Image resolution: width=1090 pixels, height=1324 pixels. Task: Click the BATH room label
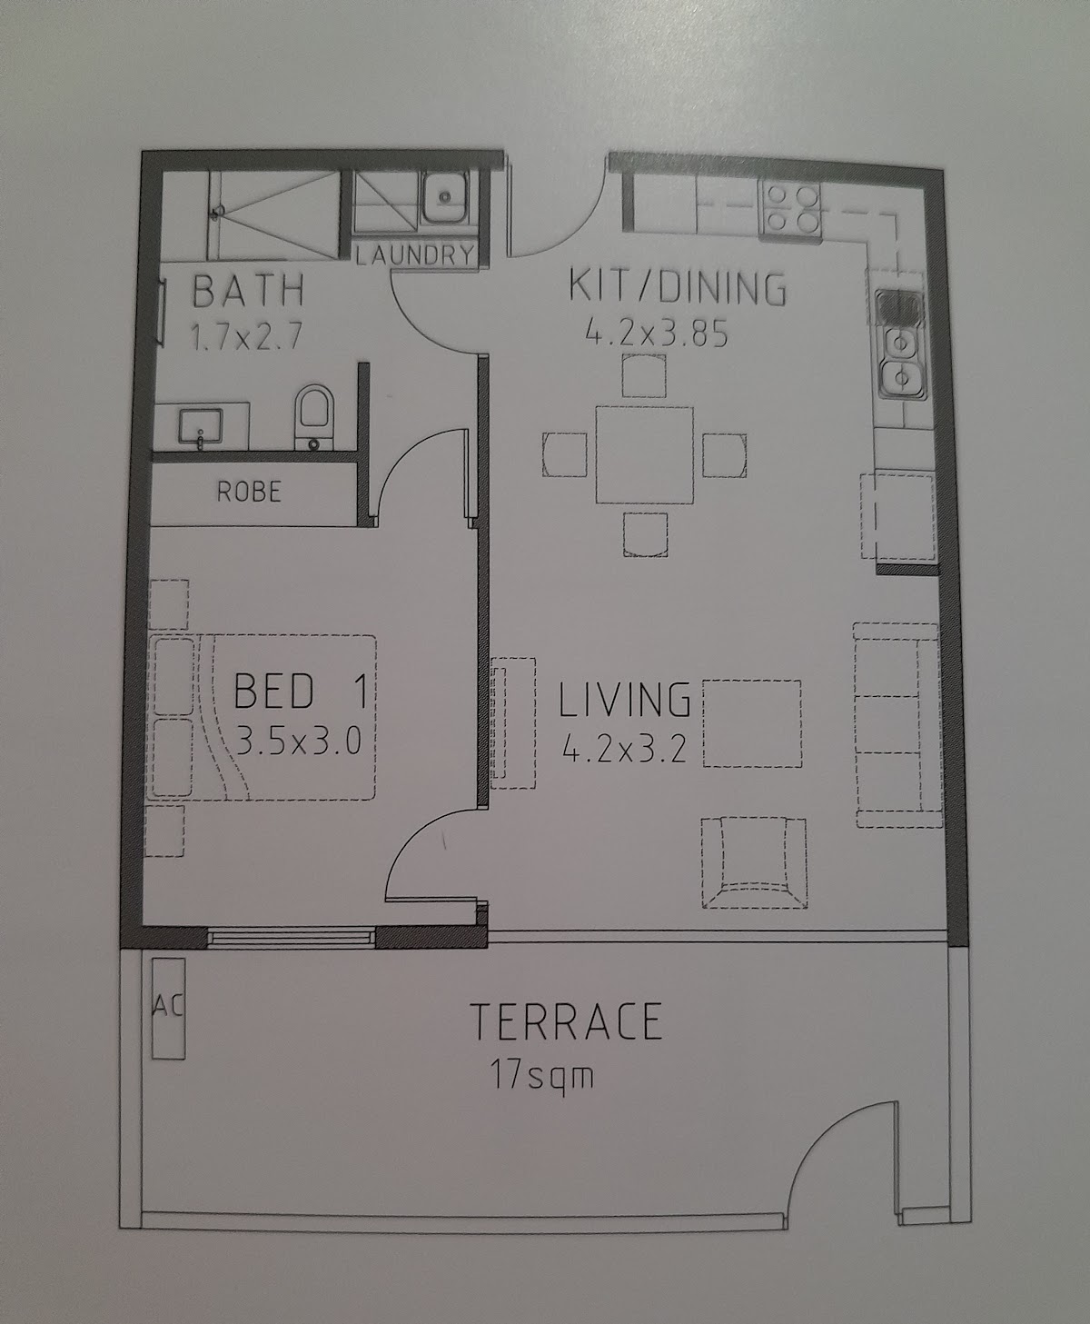(x=248, y=291)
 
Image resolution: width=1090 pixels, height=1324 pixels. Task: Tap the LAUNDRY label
(x=415, y=255)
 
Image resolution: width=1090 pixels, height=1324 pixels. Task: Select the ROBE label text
(x=249, y=492)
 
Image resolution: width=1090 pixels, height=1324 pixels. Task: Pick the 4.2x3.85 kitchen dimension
(x=657, y=333)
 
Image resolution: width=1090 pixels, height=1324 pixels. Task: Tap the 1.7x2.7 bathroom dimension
(x=246, y=337)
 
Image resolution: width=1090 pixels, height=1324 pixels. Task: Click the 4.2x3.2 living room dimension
(x=625, y=750)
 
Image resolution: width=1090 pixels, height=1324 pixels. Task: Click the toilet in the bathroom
(x=315, y=416)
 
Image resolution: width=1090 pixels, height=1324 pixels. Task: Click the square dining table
(x=645, y=455)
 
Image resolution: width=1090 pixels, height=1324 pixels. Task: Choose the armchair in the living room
(x=754, y=862)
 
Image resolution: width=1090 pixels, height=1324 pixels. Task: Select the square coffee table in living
(x=751, y=723)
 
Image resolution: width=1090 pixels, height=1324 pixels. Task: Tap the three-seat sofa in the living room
(x=897, y=725)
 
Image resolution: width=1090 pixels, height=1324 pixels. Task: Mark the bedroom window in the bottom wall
(x=292, y=937)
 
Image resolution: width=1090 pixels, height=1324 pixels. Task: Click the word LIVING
(x=625, y=700)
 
